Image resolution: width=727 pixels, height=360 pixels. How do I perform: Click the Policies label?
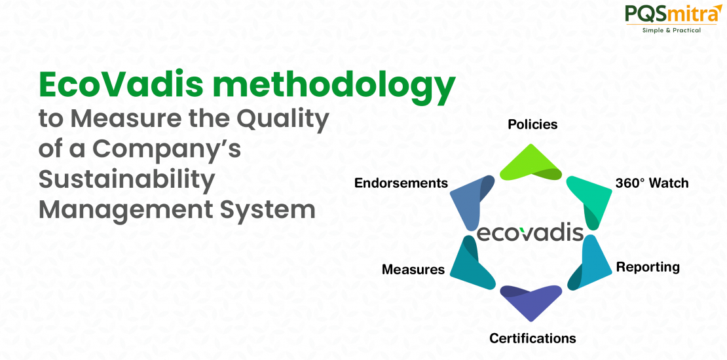532,124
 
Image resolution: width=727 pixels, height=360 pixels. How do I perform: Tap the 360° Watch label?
652,183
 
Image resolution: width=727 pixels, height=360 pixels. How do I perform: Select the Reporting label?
648,268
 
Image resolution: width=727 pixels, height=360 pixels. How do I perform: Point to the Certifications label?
532,338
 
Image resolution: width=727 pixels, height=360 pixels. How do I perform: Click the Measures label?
413,270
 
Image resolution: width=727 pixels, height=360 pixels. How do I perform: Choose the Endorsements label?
401,183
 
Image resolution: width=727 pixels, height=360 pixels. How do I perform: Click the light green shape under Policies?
531,162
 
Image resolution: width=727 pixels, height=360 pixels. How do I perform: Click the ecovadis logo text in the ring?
530,233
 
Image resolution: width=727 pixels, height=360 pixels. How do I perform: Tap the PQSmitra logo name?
670,14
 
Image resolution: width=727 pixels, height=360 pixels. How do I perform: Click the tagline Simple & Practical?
671,30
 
